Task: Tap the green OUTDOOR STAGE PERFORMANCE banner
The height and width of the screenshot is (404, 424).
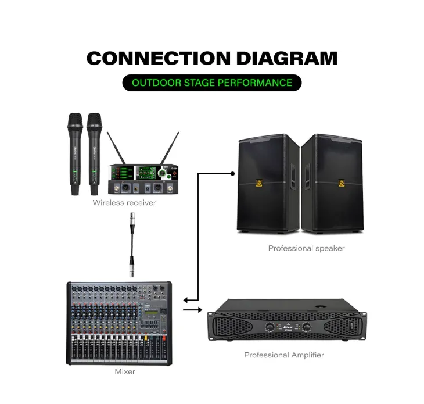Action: (x=212, y=83)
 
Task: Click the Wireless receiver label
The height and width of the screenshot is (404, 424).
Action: (x=124, y=203)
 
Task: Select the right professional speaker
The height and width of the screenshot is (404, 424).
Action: (x=333, y=183)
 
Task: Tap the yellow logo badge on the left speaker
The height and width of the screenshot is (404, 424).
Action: (x=260, y=185)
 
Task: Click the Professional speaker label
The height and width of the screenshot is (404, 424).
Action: (x=306, y=248)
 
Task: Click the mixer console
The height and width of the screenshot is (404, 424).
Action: (x=119, y=323)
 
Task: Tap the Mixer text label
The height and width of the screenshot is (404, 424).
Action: (x=125, y=371)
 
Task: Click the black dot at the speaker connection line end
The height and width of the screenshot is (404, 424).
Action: (x=232, y=173)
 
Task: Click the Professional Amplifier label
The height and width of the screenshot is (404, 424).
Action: (x=284, y=355)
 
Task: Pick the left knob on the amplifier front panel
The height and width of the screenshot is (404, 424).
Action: (x=270, y=327)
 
